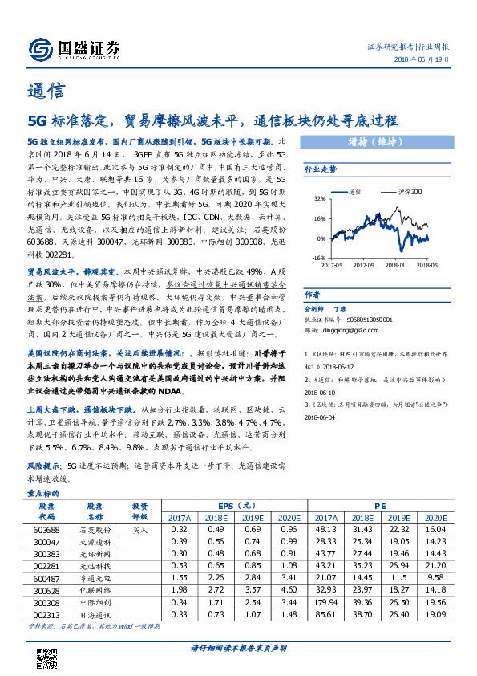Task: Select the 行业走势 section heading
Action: coord(321,169)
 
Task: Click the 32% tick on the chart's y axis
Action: coord(319,198)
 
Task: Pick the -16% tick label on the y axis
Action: coord(318,258)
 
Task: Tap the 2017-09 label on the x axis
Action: coord(364,263)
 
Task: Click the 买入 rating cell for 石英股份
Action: coord(140,531)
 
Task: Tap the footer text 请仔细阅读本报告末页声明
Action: coord(239,648)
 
